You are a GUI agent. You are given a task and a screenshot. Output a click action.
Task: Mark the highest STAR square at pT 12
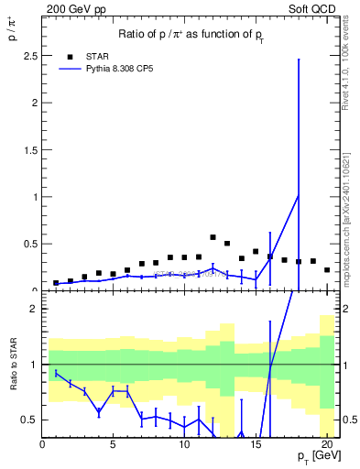click(x=213, y=237)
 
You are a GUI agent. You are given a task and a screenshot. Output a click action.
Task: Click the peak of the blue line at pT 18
click(x=299, y=195)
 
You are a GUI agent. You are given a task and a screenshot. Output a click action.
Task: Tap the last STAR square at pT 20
click(x=327, y=269)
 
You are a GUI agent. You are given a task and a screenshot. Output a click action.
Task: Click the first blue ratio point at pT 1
click(x=56, y=373)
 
